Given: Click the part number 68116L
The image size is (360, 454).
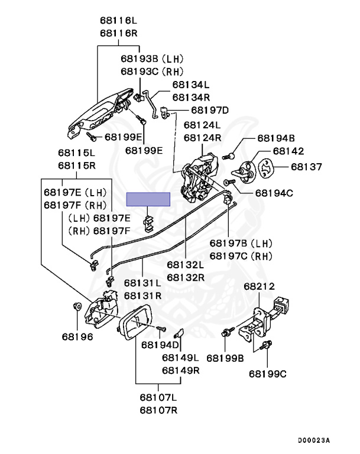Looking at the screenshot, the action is click(x=118, y=21).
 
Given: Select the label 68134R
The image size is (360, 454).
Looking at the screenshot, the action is click(x=191, y=98).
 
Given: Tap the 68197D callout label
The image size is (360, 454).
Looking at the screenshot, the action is click(x=210, y=111).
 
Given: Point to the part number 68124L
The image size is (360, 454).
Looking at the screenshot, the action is click(x=202, y=125).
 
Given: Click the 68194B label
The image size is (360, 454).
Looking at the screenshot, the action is click(x=276, y=138).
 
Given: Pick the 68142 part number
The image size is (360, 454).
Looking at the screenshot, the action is click(x=288, y=151).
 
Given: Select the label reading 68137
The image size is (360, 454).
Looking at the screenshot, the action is click(x=306, y=167).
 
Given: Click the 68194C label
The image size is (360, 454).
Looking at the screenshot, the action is click(x=274, y=193).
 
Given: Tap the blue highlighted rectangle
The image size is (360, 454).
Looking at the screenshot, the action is click(x=148, y=199).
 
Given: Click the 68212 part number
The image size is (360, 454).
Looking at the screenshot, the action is click(x=259, y=286).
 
